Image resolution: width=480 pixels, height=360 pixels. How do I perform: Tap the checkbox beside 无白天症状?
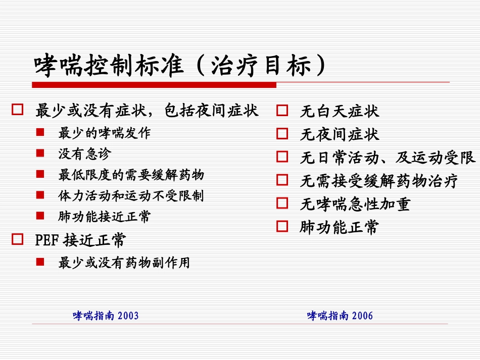282,111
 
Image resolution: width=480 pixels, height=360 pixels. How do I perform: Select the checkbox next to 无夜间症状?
282,134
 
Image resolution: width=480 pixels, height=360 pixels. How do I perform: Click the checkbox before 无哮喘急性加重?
282,203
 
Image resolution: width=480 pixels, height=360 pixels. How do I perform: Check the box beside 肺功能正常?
282,227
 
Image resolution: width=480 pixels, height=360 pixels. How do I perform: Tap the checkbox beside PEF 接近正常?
18,240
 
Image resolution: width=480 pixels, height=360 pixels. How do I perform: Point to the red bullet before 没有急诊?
40,153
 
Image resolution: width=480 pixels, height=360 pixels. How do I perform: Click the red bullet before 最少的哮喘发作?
40,133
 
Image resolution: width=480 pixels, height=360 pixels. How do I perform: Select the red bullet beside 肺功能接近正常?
40,216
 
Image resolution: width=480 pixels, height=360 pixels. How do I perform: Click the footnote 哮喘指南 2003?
106,316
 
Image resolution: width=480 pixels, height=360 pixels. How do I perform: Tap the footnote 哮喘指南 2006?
340,316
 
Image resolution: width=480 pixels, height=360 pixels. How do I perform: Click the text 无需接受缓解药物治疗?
379,181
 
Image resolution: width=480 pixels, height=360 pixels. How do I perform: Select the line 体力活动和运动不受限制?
131,195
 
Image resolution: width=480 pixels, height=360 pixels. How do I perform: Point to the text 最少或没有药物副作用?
124,263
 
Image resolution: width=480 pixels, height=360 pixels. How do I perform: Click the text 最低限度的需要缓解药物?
131,175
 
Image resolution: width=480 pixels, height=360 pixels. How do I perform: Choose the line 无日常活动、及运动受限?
388,158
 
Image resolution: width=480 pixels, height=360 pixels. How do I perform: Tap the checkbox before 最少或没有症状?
18,110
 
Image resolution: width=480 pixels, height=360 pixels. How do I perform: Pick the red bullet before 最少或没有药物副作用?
40,262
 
